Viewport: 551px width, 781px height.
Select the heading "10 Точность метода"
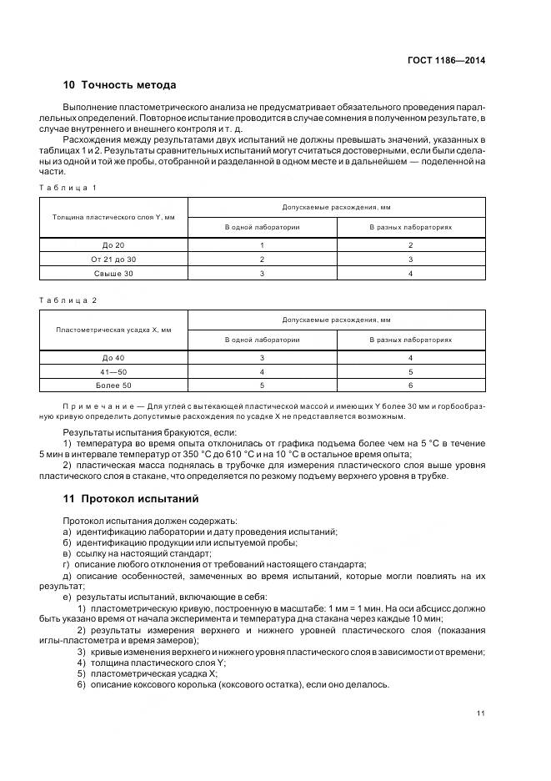pyautogui.click(x=119, y=84)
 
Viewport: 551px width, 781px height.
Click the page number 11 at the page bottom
pyautogui.click(x=481, y=713)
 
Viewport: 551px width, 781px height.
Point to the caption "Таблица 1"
pyautogui.click(x=68, y=187)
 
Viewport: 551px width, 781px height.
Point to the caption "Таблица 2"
pyautogui.click(x=68, y=300)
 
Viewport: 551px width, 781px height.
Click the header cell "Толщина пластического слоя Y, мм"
pyautogui.click(x=113, y=217)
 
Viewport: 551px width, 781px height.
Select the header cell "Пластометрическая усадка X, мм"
pyautogui.click(x=113, y=330)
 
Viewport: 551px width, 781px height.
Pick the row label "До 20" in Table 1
pyautogui.click(x=113, y=245)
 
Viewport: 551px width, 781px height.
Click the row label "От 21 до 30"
pyautogui.click(x=113, y=259)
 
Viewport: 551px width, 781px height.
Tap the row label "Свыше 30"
pyautogui.click(x=113, y=273)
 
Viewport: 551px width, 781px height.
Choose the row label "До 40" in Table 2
pyautogui.click(x=113, y=358)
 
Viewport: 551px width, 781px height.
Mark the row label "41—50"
pyautogui.click(x=113, y=371)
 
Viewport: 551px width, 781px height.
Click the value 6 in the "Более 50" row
pyautogui.click(x=410, y=385)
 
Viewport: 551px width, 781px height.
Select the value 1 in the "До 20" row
pyautogui.click(x=262, y=245)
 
